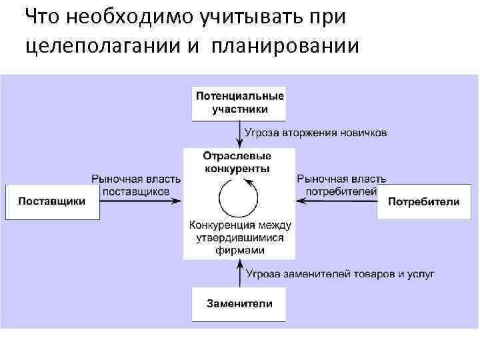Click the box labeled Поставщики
click(x=52, y=201)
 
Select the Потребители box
click(x=424, y=201)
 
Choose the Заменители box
click(x=239, y=303)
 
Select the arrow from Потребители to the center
click(x=336, y=201)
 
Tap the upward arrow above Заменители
click(x=239, y=274)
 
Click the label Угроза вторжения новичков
click(x=315, y=133)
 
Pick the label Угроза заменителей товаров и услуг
click(x=340, y=273)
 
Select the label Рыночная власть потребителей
click(x=341, y=185)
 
